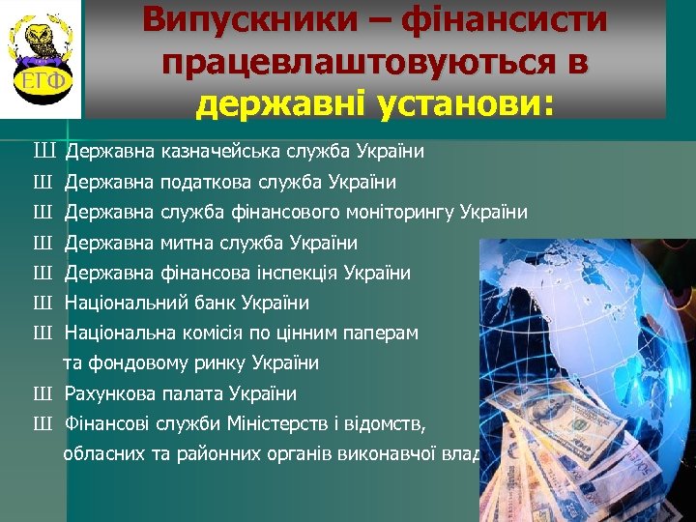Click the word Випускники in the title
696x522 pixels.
tap(229, 19)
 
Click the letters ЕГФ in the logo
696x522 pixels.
tap(41, 79)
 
